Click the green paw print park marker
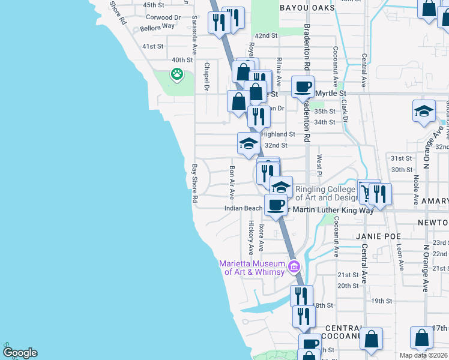pyautogui.click(x=176, y=74)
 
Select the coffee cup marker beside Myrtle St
pyautogui.click(x=303, y=86)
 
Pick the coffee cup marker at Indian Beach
pyautogui.click(x=276, y=204)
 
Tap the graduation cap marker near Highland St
pyautogui.click(x=249, y=143)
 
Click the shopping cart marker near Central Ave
pyautogui.click(x=366, y=191)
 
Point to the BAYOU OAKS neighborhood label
pyautogui.click(x=303, y=8)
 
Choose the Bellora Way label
pyautogui.click(x=157, y=26)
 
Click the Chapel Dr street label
pyautogui.click(x=206, y=77)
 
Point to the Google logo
pyautogui.click(x=19, y=352)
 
